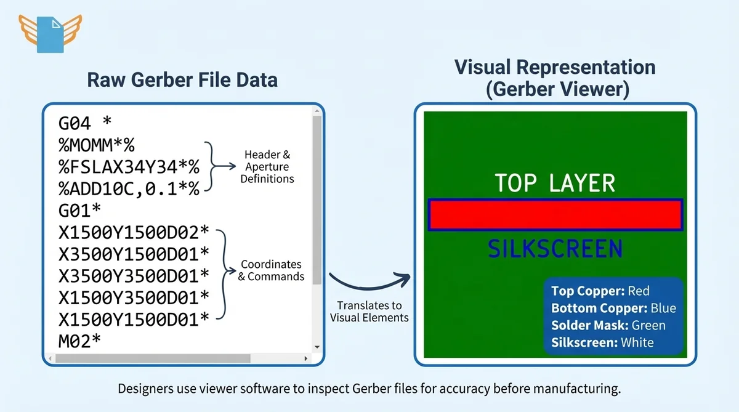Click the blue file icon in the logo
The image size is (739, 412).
[50, 34]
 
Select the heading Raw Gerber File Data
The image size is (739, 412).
[182, 79]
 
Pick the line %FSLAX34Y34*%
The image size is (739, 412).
[129, 167]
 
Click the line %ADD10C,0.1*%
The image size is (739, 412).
[129, 188]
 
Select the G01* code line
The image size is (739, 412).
[80, 210]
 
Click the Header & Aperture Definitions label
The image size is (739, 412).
[267, 166]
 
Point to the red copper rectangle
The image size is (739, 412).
[555, 215]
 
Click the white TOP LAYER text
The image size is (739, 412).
[555, 184]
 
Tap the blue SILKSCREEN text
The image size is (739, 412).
[555, 249]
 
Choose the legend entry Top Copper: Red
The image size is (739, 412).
[600, 291]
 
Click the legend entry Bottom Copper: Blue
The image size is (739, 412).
[613, 308]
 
